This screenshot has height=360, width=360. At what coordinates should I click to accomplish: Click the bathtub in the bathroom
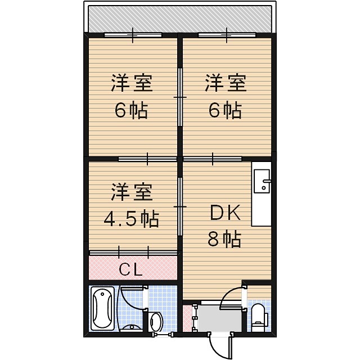(x=102, y=309)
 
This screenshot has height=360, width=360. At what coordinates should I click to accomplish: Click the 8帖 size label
(x=224, y=240)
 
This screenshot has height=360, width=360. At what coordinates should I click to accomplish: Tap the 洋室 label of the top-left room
(x=131, y=84)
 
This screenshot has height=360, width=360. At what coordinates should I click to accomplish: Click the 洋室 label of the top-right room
(x=225, y=84)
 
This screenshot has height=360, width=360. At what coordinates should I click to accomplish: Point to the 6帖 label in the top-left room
(x=131, y=111)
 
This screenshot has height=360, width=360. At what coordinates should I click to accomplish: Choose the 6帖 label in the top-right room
(x=225, y=111)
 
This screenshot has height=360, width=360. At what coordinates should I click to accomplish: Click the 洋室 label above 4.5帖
(x=131, y=192)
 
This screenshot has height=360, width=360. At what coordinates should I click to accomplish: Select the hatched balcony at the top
(x=180, y=19)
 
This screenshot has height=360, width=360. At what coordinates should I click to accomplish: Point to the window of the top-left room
(x=133, y=35)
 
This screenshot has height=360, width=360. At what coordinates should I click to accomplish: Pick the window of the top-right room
(x=227, y=35)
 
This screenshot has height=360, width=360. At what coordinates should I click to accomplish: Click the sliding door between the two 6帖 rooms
(x=180, y=97)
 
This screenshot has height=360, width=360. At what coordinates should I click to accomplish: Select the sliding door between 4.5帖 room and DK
(x=180, y=207)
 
